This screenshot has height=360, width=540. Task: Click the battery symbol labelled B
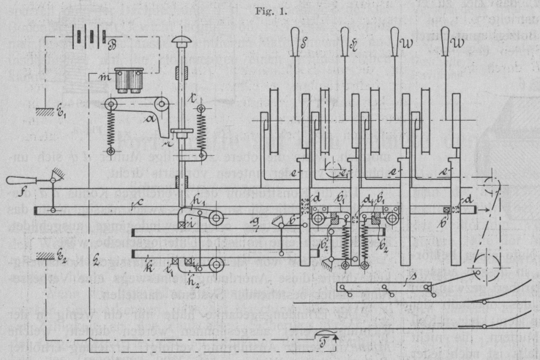(x=87, y=38)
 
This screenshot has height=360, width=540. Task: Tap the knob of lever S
(x=295, y=43)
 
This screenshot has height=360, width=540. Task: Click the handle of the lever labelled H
(x=345, y=43)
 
